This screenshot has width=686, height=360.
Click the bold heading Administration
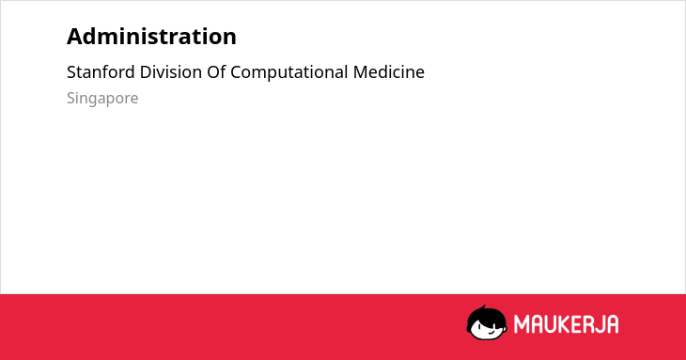(x=151, y=37)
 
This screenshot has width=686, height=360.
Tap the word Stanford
(x=101, y=72)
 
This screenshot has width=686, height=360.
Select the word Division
(x=171, y=72)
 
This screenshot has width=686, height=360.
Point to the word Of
(x=216, y=72)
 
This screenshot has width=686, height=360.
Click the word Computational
(x=289, y=72)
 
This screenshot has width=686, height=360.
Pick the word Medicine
(x=389, y=72)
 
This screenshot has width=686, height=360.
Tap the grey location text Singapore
(x=102, y=99)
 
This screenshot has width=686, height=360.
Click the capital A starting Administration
(x=74, y=37)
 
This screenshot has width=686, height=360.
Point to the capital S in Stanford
(x=71, y=72)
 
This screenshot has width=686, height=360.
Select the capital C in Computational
(x=236, y=72)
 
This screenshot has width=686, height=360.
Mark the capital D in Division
(x=146, y=72)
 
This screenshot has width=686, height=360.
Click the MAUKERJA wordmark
(x=566, y=324)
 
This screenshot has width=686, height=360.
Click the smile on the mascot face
(x=491, y=332)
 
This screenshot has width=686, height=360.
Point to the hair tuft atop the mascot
(x=483, y=307)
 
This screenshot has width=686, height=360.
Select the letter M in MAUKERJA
(x=521, y=324)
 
